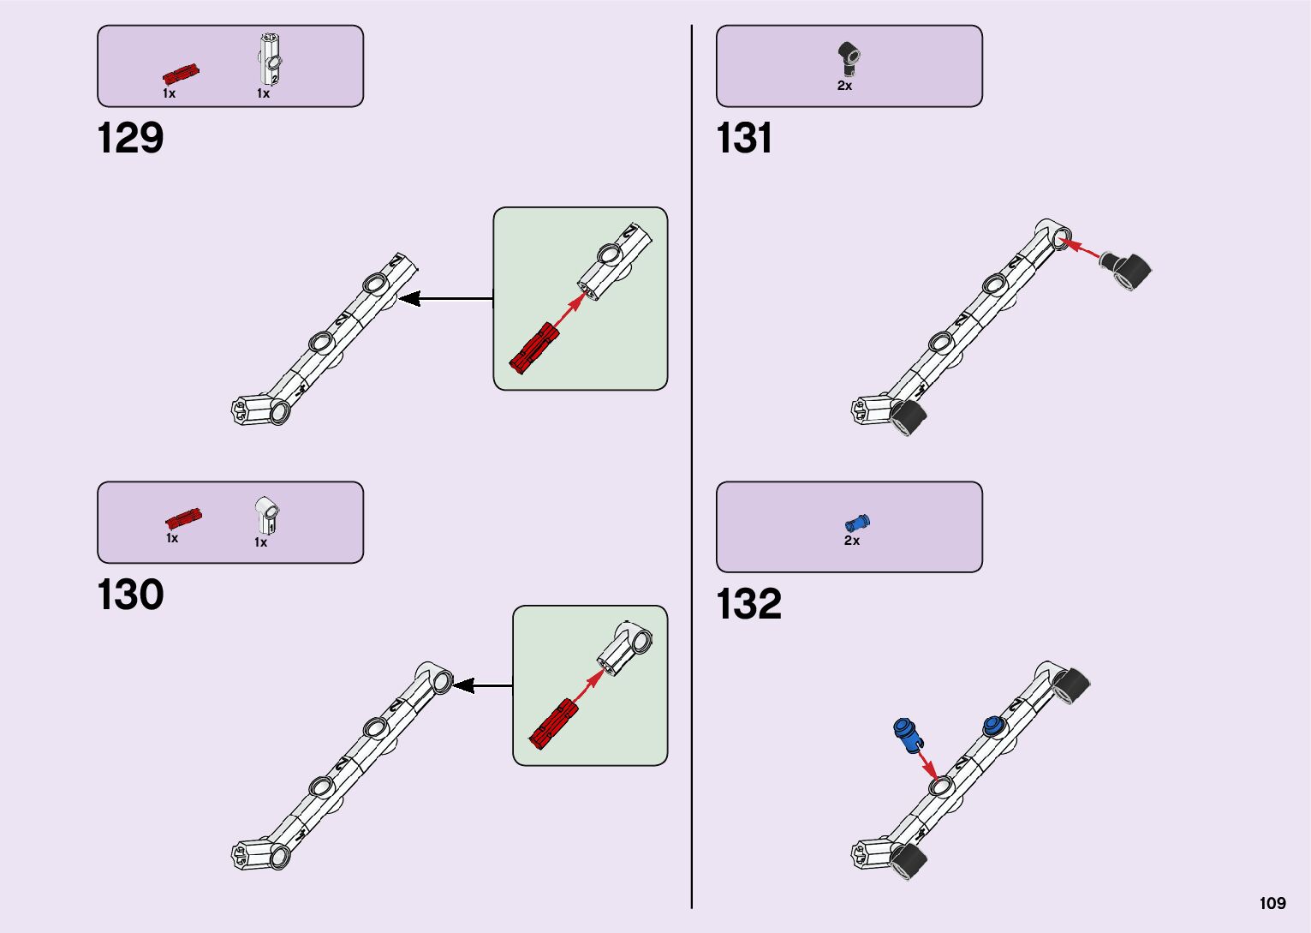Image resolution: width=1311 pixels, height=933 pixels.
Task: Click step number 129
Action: (130, 138)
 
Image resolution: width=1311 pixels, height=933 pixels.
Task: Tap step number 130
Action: (130, 595)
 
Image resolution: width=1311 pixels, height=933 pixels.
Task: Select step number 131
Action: (744, 138)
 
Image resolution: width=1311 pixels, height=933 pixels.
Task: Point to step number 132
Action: (748, 603)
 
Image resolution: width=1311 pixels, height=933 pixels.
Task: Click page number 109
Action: (1272, 903)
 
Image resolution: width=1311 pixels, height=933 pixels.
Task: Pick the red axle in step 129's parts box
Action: (182, 73)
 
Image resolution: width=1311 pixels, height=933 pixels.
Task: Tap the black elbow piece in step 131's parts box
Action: (849, 57)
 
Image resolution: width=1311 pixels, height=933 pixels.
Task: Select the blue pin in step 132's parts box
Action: (856, 522)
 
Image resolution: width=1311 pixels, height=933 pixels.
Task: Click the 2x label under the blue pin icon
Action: (852, 541)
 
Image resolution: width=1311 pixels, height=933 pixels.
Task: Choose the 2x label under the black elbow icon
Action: (844, 86)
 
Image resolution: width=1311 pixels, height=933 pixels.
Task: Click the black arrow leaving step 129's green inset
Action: (445, 299)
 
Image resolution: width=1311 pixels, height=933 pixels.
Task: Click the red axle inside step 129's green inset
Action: (533, 347)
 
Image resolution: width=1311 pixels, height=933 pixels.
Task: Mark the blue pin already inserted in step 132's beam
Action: (993, 727)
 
